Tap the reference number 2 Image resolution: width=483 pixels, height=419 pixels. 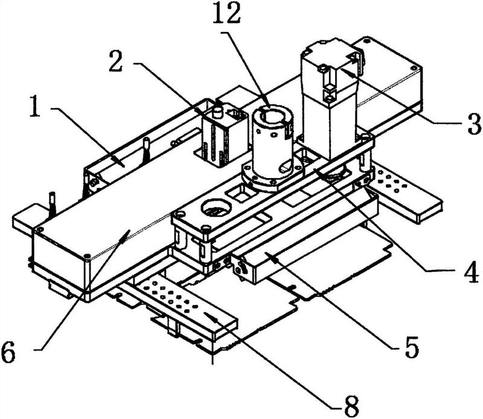(x=116, y=61)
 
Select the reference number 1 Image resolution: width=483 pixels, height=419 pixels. (x=35, y=106)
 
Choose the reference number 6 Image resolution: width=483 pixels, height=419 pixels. (x=8, y=352)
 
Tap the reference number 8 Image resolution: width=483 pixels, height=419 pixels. (x=351, y=406)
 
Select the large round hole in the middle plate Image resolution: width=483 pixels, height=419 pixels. (x=216, y=208)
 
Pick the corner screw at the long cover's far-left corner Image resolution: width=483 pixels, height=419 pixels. (x=39, y=229)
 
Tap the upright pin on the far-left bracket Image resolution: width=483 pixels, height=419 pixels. (x=53, y=204)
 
